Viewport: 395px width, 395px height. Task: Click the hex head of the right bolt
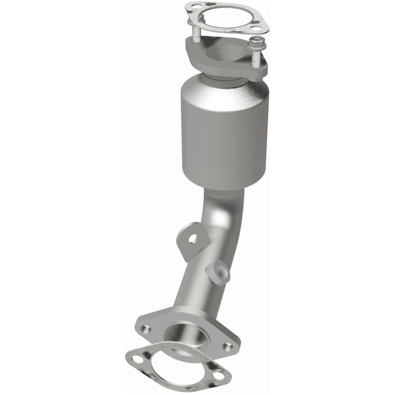pyautogui.click(x=257, y=42)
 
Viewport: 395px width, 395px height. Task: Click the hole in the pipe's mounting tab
pyautogui.click(x=192, y=238)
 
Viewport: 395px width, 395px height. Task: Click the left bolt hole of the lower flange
pyautogui.click(x=145, y=329)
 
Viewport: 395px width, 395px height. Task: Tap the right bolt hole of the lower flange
pyautogui.click(x=228, y=346)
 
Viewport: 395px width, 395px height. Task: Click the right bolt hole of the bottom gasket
pyautogui.click(x=218, y=376)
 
